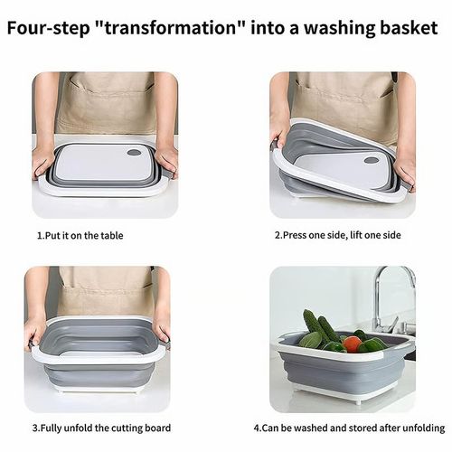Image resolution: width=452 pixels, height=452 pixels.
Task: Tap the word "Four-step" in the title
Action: coord(49,27)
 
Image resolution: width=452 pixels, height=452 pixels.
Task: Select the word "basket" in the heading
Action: coord(409,27)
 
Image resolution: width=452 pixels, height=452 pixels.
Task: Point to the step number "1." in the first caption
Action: coord(40,236)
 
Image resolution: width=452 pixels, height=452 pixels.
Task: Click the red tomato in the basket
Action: coord(353,344)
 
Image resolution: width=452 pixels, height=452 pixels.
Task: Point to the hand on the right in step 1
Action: coord(167,163)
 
